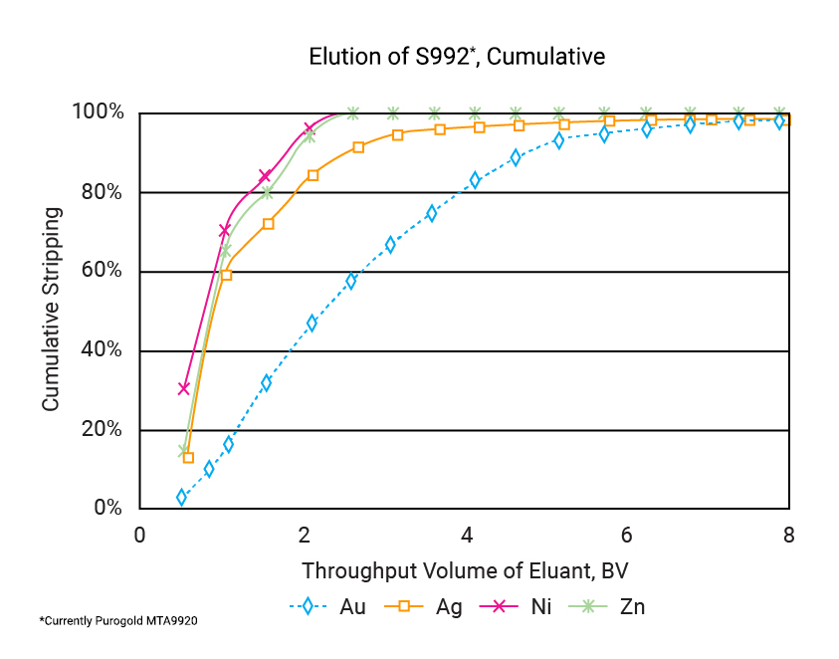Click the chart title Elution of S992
pyautogui.click(x=457, y=56)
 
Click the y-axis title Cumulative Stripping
pyautogui.click(x=51, y=310)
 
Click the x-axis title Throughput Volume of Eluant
pyautogui.click(x=465, y=571)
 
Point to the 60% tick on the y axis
pyautogui.click(x=98, y=271)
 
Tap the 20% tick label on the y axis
pyautogui.click(x=98, y=430)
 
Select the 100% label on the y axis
pyautogui.click(x=98, y=112)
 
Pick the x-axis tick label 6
pyautogui.click(x=627, y=535)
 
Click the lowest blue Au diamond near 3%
pyautogui.click(x=182, y=497)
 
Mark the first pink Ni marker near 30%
pyautogui.click(x=183, y=388)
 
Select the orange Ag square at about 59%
pyautogui.click(x=226, y=275)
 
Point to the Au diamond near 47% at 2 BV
pyautogui.click(x=312, y=323)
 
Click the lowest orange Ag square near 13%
pyautogui.click(x=188, y=458)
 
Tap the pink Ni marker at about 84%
pyautogui.click(x=265, y=176)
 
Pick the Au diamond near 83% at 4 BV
pyautogui.click(x=475, y=180)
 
